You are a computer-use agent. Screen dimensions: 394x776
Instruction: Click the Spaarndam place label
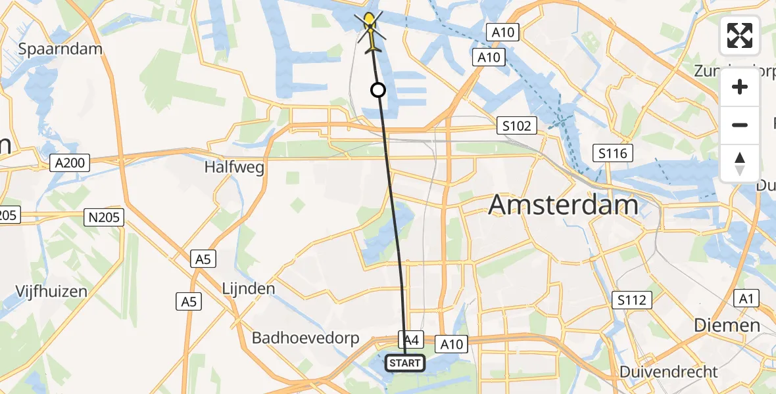pos(61,49)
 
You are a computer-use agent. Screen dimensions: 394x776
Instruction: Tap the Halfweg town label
pos(234,167)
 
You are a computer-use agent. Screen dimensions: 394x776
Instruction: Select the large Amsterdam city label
pos(563,206)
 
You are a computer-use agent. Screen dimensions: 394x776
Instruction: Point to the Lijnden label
pos(249,288)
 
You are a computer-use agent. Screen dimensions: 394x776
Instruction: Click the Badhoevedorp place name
pos(306,338)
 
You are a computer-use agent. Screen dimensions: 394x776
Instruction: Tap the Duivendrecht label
pos(669,372)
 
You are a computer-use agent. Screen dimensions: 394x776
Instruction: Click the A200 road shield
pos(70,163)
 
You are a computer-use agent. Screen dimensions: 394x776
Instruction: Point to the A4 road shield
pos(411,339)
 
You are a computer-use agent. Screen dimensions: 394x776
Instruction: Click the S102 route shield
pos(516,125)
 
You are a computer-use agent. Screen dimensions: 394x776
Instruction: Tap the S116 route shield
pos(612,154)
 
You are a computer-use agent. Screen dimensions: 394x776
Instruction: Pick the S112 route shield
pos(631,300)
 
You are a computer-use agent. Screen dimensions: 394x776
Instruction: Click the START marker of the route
pos(404,362)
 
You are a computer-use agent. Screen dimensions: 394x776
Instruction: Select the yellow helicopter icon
pos(370,30)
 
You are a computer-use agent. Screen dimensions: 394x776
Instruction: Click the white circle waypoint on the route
pos(378,90)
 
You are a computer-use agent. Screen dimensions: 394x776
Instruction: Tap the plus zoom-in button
pos(740,87)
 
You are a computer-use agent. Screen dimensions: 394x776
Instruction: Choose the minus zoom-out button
pos(740,125)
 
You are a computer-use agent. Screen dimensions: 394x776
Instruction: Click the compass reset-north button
pos(740,163)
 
